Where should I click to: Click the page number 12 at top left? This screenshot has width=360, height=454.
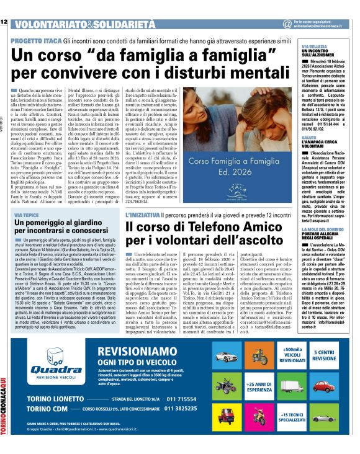[4, 22]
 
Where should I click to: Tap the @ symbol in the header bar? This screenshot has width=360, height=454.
[287, 24]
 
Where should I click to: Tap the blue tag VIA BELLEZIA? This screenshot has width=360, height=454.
[315, 47]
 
